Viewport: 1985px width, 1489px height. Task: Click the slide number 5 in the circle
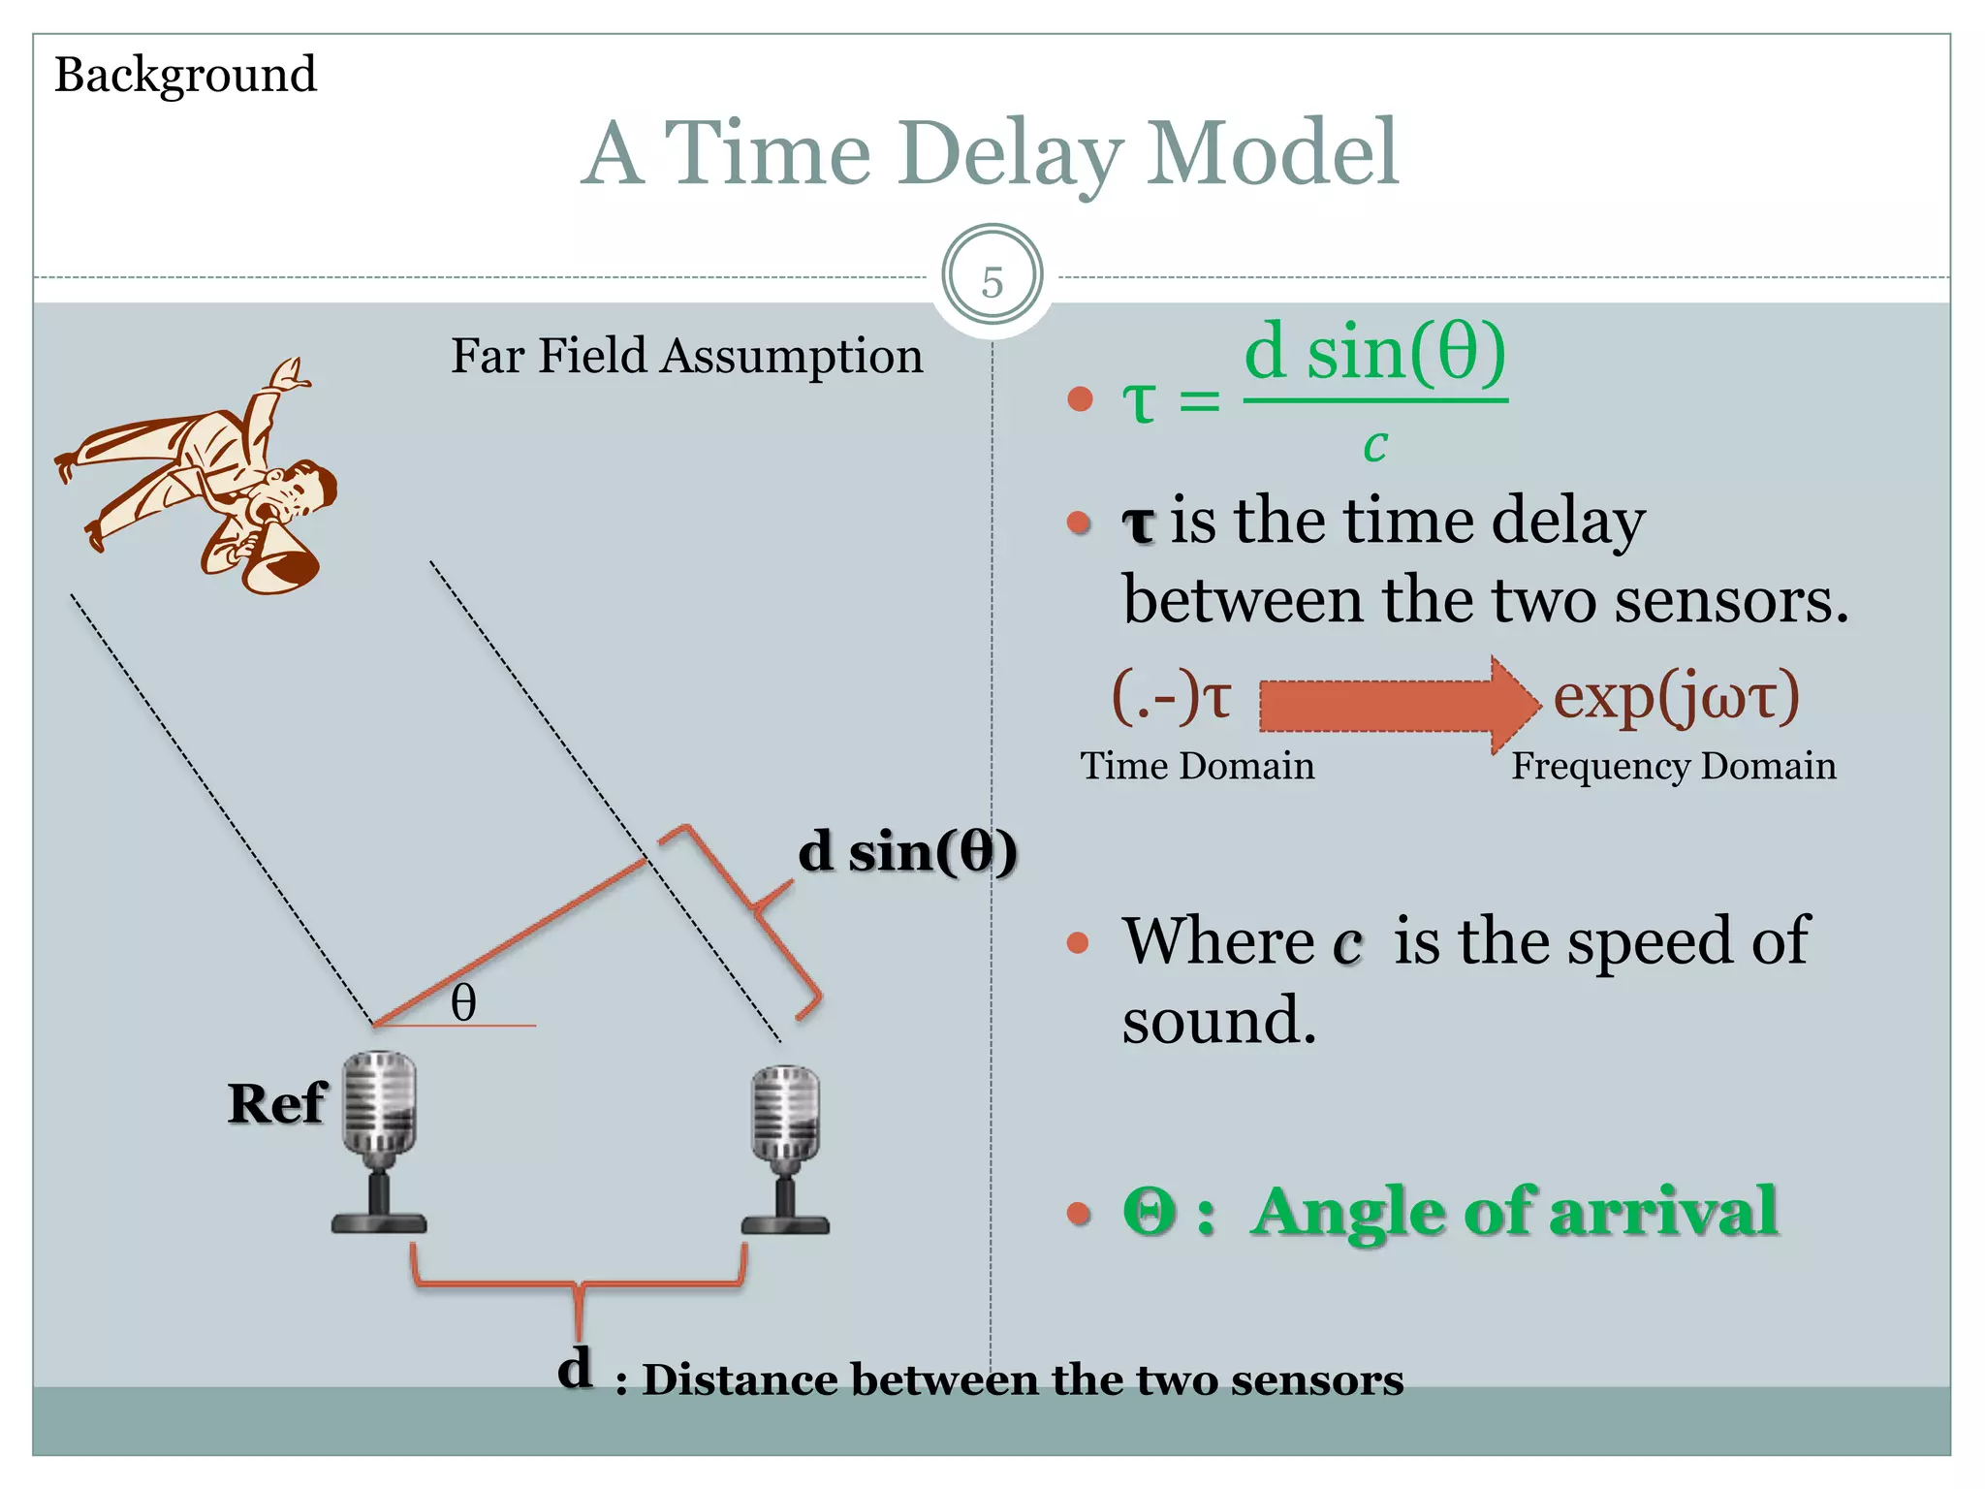click(x=992, y=282)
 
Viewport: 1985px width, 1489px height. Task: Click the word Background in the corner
click(x=185, y=76)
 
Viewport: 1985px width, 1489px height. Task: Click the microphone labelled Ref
click(x=380, y=1139)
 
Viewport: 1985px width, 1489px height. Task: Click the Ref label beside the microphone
click(x=277, y=1103)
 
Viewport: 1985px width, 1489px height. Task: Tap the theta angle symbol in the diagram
click(x=463, y=1002)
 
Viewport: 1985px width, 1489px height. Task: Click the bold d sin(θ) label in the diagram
click(x=907, y=852)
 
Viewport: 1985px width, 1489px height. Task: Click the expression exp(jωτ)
click(x=1676, y=697)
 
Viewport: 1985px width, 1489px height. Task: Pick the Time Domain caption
click(x=1197, y=766)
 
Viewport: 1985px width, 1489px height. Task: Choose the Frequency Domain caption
click(x=1673, y=766)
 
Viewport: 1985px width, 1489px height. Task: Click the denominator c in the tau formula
click(x=1374, y=445)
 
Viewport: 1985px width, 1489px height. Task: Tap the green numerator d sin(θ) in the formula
click(x=1374, y=353)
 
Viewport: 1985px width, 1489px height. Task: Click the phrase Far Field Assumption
click(x=686, y=356)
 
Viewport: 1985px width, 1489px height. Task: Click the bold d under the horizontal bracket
click(x=575, y=1368)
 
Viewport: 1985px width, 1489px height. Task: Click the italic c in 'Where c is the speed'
click(x=1347, y=943)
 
